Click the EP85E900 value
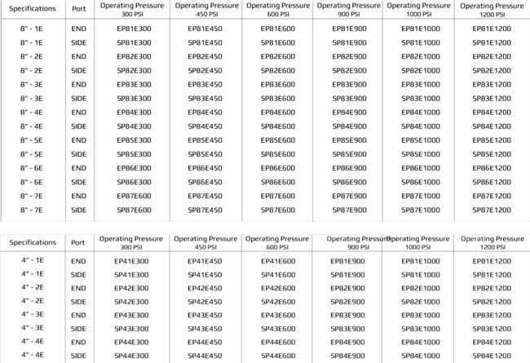click(x=348, y=140)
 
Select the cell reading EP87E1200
click(x=493, y=196)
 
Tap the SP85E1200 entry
click(x=493, y=154)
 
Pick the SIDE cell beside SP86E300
click(x=78, y=182)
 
